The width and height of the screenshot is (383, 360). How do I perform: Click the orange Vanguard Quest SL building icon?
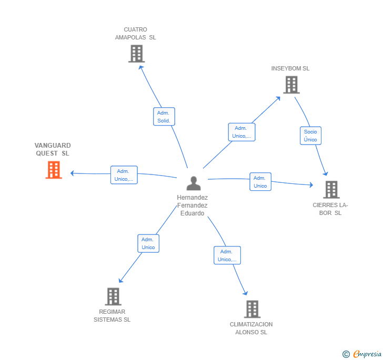[54, 170]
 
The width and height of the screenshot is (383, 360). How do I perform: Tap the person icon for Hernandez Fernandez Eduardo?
[194, 183]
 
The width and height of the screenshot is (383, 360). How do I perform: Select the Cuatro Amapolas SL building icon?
[136, 54]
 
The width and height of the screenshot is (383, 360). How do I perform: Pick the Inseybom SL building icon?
[291, 85]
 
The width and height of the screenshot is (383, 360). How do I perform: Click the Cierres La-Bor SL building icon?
[331, 189]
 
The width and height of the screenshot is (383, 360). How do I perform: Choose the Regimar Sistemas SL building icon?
[113, 296]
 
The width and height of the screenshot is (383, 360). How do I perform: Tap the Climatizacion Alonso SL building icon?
[252, 309]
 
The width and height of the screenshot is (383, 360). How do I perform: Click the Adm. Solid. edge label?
[164, 117]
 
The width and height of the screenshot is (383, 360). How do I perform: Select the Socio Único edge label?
[310, 136]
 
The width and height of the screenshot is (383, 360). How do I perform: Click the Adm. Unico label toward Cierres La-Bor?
[260, 182]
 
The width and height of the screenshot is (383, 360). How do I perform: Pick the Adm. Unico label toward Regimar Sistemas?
[148, 243]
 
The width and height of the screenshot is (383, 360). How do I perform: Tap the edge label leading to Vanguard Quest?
[124, 175]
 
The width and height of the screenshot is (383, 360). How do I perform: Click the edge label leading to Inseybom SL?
[241, 132]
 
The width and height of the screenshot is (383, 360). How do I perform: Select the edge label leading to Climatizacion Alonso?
[227, 255]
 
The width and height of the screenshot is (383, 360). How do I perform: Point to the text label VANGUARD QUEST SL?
[53, 149]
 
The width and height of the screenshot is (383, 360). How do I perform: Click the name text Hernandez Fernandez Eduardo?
[193, 205]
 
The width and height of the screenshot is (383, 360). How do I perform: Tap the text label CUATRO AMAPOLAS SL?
[136, 34]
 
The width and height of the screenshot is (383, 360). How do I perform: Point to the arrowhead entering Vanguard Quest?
[73, 173]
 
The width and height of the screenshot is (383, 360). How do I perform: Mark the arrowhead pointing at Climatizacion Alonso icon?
[245, 293]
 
